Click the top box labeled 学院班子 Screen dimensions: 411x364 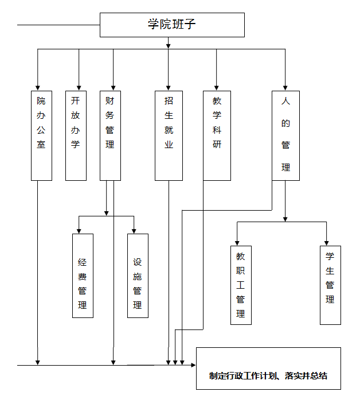click(x=173, y=25)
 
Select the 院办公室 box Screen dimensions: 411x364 click(x=41, y=135)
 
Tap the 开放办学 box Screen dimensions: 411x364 click(x=76, y=135)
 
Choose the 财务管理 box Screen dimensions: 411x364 click(x=110, y=135)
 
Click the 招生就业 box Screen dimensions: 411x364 click(x=169, y=135)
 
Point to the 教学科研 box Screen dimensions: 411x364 click(x=217, y=135)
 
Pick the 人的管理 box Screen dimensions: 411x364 click(x=285, y=135)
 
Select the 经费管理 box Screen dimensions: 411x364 click(x=83, y=276)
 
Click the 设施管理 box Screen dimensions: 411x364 click(x=138, y=276)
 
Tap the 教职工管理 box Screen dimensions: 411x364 click(x=241, y=285)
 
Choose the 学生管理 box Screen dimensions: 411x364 click(x=330, y=285)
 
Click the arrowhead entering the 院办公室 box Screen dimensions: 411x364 click(x=38, y=87)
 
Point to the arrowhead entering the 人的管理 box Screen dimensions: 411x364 click(x=285, y=87)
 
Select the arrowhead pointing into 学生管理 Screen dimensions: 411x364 click(x=327, y=242)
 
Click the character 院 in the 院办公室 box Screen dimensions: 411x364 click(x=41, y=100)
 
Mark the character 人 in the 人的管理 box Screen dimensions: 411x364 click(x=285, y=101)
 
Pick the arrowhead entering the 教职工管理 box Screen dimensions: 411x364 click(x=237, y=242)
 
